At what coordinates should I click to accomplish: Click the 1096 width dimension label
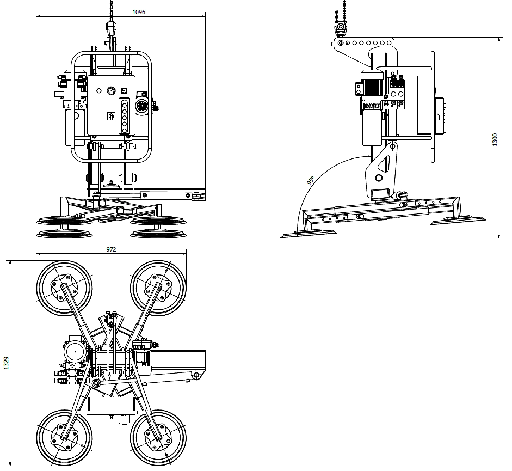(139, 12)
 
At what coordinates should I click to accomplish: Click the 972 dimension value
(111, 249)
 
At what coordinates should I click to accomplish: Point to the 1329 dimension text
(6, 363)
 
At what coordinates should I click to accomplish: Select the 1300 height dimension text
(495, 139)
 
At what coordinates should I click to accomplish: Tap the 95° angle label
(311, 180)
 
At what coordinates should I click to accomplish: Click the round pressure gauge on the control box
(112, 90)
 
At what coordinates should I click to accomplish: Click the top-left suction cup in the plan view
(64, 288)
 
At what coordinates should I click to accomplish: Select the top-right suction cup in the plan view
(158, 288)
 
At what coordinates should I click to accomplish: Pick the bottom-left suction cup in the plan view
(64, 438)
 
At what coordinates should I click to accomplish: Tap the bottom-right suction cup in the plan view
(158, 438)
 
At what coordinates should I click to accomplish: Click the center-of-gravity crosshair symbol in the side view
(379, 178)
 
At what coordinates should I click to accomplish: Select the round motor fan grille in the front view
(142, 106)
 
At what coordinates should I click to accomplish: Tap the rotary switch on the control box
(110, 116)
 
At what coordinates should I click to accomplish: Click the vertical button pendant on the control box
(124, 116)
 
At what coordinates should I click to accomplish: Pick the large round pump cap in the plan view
(75, 351)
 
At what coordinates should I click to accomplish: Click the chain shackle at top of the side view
(340, 28)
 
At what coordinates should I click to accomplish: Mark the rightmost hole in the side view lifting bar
(389, 43)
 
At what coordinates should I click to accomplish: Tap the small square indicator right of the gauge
(124, 90)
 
